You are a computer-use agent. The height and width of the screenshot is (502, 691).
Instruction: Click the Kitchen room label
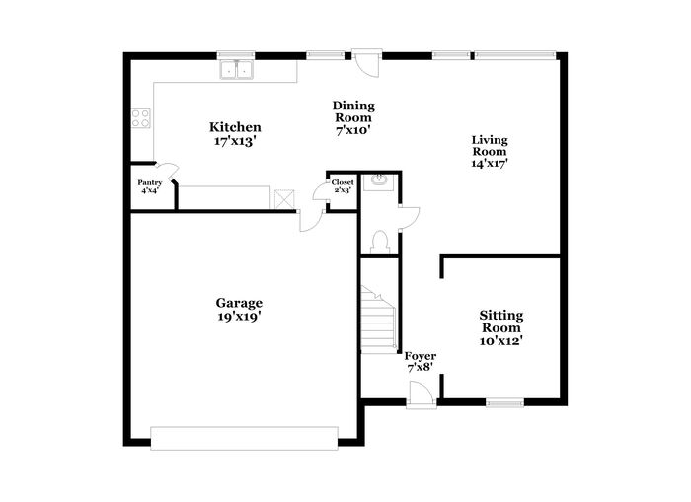coord(235,127)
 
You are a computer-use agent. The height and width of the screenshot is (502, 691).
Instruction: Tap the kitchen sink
coord(236,70)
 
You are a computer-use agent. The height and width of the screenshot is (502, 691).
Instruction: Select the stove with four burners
coord(141,118)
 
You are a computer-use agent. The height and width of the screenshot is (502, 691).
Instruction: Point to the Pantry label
coord(150,182)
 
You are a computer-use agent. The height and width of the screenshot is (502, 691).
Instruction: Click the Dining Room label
coord(353,111)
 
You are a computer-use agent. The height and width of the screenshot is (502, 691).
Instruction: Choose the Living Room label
coord(490,146)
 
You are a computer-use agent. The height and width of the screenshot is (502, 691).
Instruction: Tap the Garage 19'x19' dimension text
coord(239,317)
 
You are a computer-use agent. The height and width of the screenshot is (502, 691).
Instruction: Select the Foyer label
coord(421,356)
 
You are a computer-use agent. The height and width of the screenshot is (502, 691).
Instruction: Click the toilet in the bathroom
coord(379,243)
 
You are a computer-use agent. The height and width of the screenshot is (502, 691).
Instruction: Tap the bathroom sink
coord(378,181)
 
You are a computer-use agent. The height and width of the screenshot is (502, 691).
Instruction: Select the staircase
coord(378,319)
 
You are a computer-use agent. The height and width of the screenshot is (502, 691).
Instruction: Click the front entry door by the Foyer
coord(422,395)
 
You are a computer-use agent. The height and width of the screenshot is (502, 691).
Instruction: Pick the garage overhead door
coord(244,438)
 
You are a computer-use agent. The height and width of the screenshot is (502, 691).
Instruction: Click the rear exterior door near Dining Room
coord(367,63)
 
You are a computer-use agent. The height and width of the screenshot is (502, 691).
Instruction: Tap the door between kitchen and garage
coord(311,220)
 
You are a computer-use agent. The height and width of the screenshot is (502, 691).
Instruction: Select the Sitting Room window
coord(504,402)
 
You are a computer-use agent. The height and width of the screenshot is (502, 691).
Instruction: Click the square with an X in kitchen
coord(284,199)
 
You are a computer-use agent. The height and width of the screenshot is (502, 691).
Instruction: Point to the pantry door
coord(168,171)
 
